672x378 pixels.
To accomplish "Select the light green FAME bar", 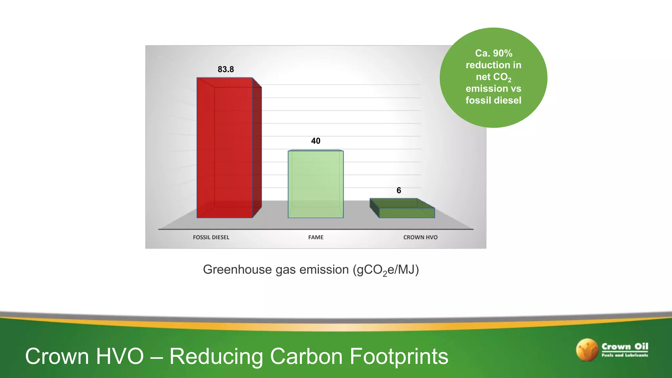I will (316, 184).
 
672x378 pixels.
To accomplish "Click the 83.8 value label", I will (226, 69).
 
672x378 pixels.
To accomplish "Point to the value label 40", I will (316, 141).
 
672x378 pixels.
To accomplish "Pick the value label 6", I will (399, 190).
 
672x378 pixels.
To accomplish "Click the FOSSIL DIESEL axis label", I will (211, 237).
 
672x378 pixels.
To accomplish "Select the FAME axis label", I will (316, 237).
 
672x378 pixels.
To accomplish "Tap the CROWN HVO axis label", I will (420, 237).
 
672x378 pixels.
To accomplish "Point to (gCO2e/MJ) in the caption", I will (386, 270).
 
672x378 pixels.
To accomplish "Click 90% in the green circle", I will (502, 53).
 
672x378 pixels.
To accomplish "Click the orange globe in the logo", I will (587, 350).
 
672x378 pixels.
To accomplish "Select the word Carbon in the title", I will (306, 356).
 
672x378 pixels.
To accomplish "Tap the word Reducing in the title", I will (216, 356).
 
